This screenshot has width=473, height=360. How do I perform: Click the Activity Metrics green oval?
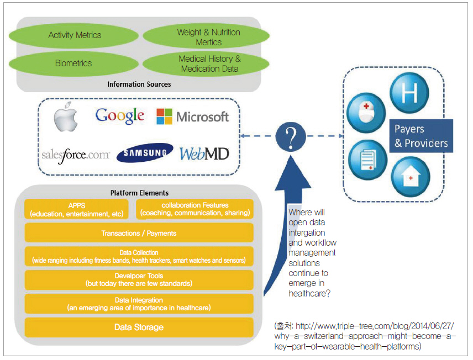tap(74, 35)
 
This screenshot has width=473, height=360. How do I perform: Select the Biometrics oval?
tap(73, 63)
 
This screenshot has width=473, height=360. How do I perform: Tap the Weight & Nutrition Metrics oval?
tap(208, 37)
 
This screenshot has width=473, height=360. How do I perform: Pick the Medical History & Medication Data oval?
tap(209, 63)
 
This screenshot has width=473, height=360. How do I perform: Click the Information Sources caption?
tap(139, 84)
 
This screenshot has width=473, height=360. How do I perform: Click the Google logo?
tap(120, 115)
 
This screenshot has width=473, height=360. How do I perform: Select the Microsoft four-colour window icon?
tap(165, 117)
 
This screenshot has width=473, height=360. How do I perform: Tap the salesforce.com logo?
tap(76, 155)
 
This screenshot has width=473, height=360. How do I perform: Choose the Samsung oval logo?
tap(145, 153)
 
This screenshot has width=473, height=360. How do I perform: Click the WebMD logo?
tap(204, 153)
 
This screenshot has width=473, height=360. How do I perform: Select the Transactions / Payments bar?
tap(139, 233)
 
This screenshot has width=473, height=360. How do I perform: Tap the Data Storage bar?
tap(139, 327)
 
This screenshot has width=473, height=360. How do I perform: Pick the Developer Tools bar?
tap(139, 279)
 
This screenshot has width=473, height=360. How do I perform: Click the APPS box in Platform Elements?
tap(77, 209)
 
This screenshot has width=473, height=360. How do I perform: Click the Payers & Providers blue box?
tap(421, 136)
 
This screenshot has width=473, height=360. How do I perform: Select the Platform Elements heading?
tap(139, 193)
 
